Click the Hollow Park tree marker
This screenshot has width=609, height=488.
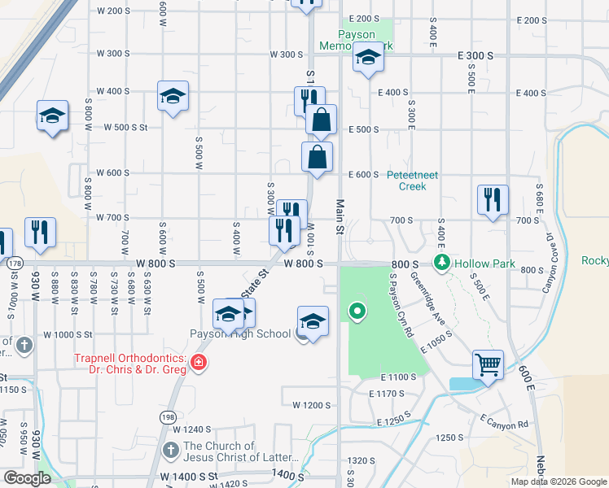point(442,263)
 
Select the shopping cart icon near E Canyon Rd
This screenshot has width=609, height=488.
point(488,365)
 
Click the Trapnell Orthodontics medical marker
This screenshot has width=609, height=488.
point(197,363)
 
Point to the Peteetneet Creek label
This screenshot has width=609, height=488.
point(412,180)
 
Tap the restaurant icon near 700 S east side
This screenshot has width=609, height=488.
point(493,200)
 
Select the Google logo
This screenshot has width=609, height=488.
point(26,478)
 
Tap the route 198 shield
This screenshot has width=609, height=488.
point(168,416)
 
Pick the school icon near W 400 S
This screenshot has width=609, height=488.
point(173,96)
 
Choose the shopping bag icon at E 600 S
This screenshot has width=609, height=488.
point(317,157)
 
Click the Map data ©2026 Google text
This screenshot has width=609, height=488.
point(558,481)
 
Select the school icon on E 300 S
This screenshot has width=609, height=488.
point(368,58)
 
